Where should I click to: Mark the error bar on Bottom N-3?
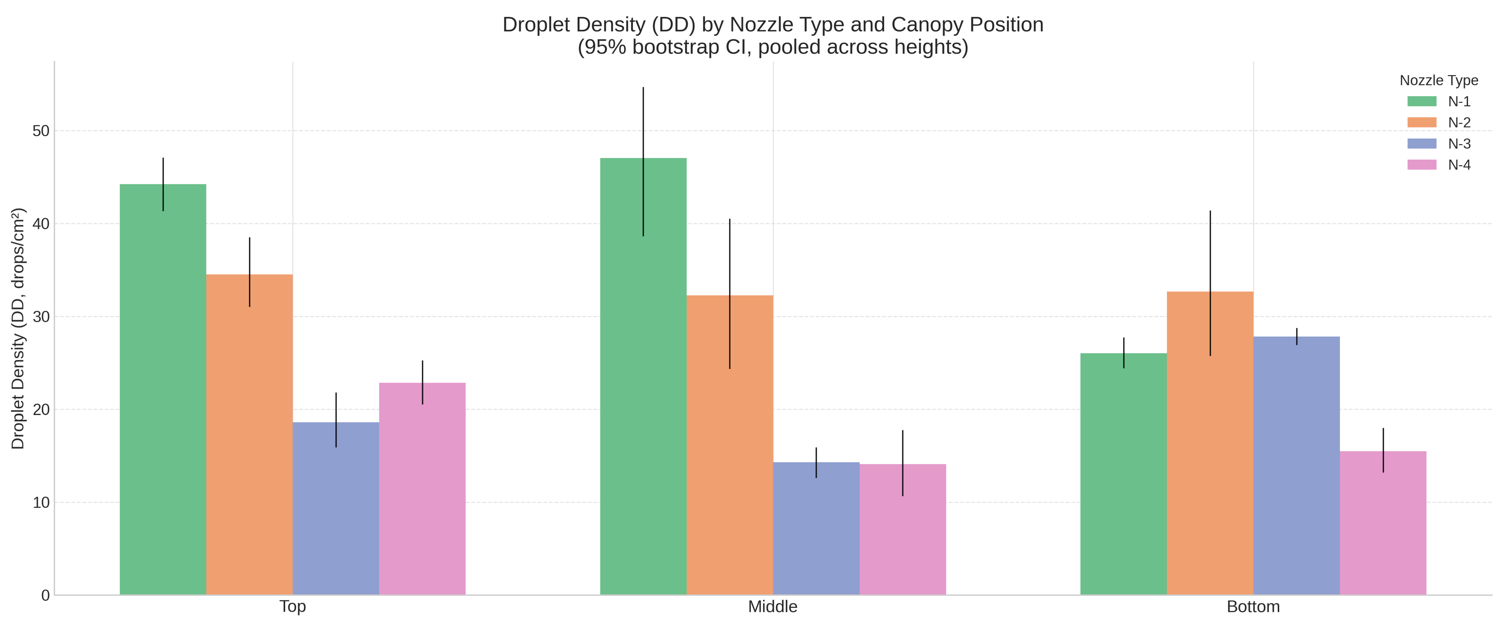1297,337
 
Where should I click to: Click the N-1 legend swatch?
1422,101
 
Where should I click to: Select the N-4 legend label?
1459,165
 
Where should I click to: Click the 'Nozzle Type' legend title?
1439,81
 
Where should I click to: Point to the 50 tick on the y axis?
41,131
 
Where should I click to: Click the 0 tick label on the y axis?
45,595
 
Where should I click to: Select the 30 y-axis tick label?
41,317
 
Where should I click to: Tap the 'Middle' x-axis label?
773,607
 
